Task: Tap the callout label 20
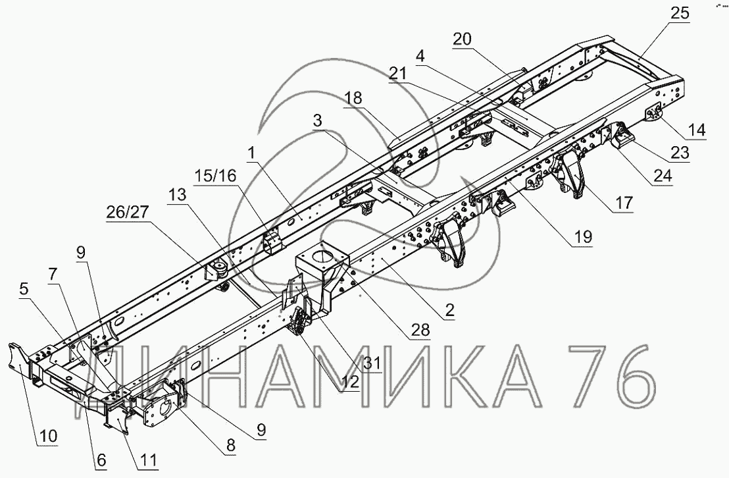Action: click(463, 39)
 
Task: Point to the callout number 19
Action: click(581, 236)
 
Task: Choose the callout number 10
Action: click(49, 436)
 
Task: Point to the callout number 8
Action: click(230, 446)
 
